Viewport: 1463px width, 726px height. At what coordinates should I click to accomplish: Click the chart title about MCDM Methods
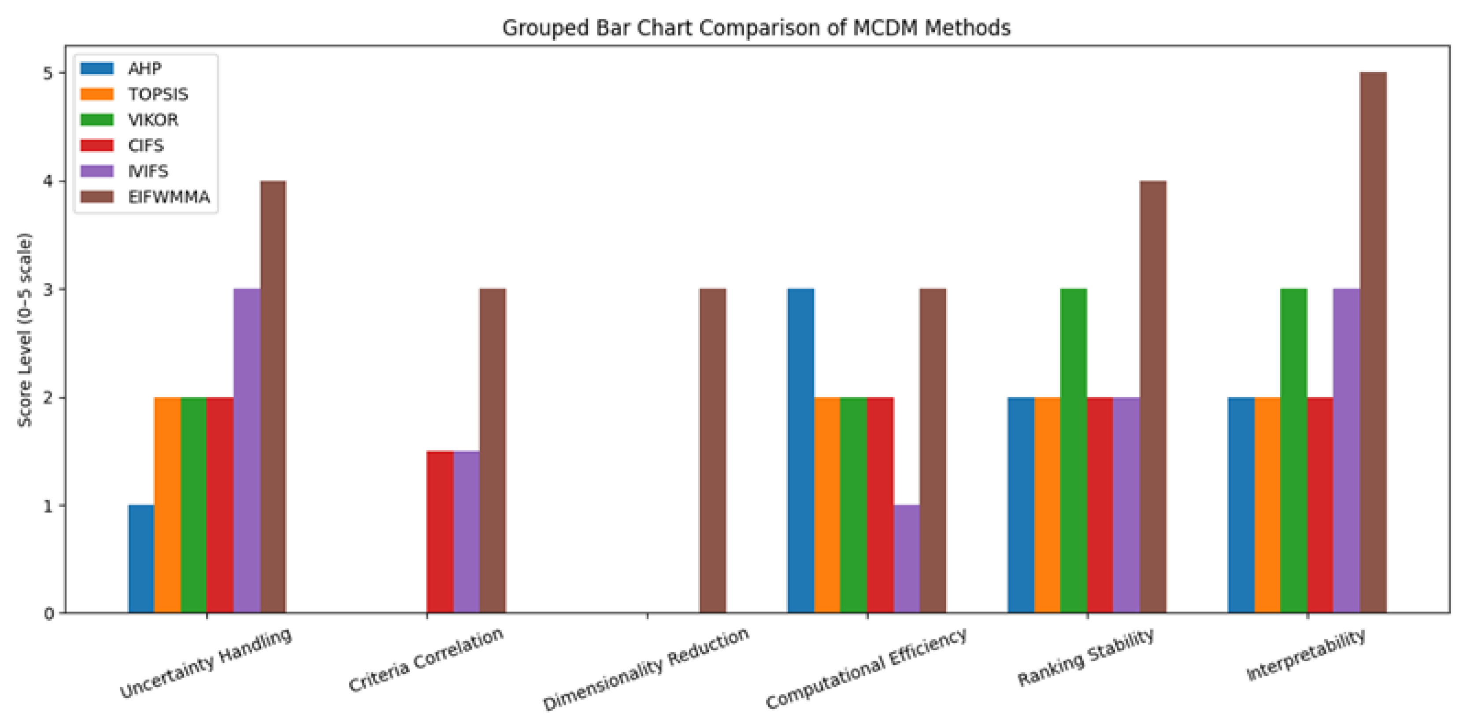(x=756, y=28)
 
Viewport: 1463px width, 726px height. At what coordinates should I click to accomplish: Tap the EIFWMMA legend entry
(x=145, y=197)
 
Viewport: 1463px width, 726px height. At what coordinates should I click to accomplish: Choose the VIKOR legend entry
(x=130, y=120)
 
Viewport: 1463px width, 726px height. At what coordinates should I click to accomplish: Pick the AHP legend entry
(x=122, y=69)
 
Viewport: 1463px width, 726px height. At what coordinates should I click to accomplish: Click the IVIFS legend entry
(x=125, y=171)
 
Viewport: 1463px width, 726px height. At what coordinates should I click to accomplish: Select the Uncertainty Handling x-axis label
(x=206, y=663)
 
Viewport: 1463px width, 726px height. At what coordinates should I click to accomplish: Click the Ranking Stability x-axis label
(x=1085, y=657)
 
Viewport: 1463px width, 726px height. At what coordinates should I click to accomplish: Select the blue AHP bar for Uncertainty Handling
(x=141, y=559)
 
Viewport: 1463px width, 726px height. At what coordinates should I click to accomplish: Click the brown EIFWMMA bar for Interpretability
(x=1373, y=343)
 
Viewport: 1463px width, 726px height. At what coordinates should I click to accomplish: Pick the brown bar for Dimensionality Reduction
(x=713, y=451)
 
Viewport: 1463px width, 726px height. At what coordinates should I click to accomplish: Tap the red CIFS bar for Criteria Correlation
(x=440, y=532)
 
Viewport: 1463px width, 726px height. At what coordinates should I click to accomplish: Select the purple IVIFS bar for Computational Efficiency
(x=907, y=559)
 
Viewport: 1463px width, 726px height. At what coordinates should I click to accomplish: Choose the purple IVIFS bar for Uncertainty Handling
(x=247, y=451)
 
